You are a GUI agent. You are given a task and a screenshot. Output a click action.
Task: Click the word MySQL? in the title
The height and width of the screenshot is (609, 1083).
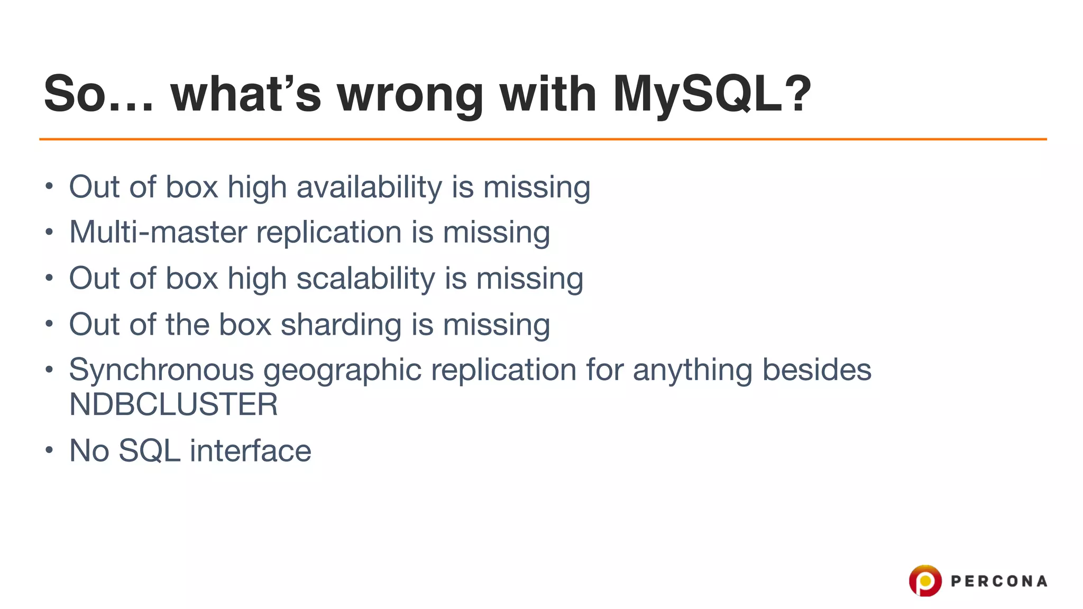(711, 94)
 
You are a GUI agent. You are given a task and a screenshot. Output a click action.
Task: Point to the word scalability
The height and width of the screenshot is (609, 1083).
(365, 279)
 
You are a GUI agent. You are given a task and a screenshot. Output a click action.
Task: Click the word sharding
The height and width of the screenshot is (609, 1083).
(341, 324)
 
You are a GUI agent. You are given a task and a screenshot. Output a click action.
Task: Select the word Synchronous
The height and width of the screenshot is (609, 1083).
(161, 370)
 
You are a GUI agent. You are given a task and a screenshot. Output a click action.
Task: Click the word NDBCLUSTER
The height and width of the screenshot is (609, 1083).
(173, 405)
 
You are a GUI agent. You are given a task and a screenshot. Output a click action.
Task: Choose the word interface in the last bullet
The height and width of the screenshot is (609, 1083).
(250, 451)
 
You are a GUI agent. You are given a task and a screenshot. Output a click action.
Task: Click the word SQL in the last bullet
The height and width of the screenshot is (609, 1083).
(149, 451)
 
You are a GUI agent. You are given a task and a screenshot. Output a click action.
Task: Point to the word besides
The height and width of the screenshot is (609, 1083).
(816, 370)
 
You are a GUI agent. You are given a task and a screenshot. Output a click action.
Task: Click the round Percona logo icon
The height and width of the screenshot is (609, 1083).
(925, 580)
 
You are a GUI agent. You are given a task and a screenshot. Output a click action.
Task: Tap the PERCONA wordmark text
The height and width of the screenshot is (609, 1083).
(999, 582)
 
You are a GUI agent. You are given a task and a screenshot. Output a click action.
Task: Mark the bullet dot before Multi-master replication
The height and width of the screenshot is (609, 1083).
(49, 232)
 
